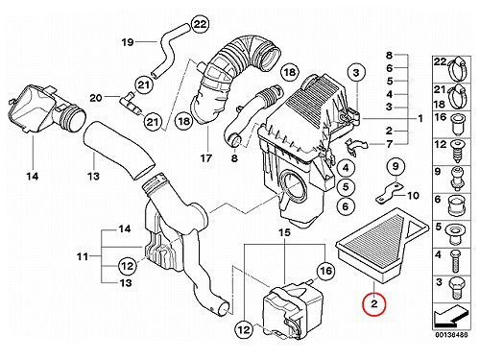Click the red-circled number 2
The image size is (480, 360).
[x=374, y=304]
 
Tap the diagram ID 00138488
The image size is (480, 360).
[x=451, y=335]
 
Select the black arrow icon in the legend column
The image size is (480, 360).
[x=451, y=316]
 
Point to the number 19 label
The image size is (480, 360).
[x=128, y=42]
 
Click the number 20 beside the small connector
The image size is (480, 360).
[x=95, y=98]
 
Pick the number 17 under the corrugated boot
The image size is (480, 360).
[x=206, y=157]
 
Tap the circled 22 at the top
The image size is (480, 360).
[x=201, y=24]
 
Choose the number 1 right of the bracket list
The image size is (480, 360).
[x=420, y=119]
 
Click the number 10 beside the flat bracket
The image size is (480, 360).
[x=413, y=195]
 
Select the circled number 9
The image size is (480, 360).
[x=396, y=166]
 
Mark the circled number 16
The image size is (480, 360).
[x=325, y=271]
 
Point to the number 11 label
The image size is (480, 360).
[x=83, y=256]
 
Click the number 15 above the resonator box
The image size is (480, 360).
[x=284, y=232]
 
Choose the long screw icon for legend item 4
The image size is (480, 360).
[x=456, y=261]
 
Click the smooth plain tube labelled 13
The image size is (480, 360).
[x=119, y=150]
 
